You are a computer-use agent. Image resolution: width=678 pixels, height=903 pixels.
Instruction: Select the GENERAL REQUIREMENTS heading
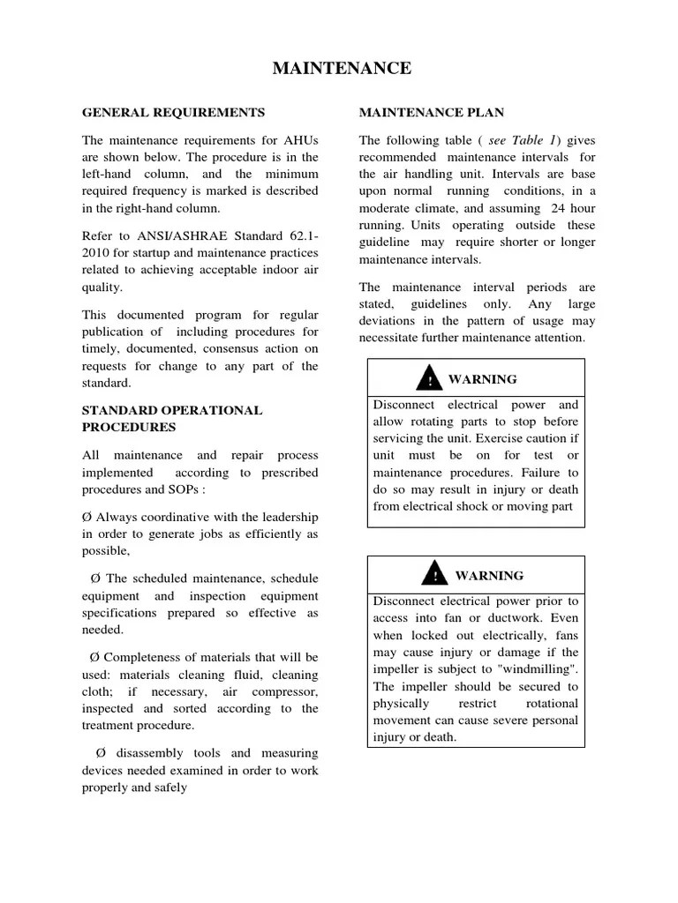[x=173, y=113]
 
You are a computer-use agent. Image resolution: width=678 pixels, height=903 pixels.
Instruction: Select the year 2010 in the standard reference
[x=98, y=254]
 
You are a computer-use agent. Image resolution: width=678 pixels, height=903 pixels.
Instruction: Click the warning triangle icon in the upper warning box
[x=430, y=380]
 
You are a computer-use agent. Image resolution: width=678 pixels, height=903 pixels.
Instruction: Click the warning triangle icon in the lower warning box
[x=434, y=576]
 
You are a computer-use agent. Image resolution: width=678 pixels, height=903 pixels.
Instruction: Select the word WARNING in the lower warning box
[x=489, y=576]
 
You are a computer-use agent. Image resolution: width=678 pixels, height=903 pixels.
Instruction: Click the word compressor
[x=285, y=692]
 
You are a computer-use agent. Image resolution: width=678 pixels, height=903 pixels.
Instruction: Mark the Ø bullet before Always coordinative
[x=87, y=518]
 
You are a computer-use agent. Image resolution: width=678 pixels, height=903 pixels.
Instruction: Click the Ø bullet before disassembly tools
[x=100, y=753]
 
